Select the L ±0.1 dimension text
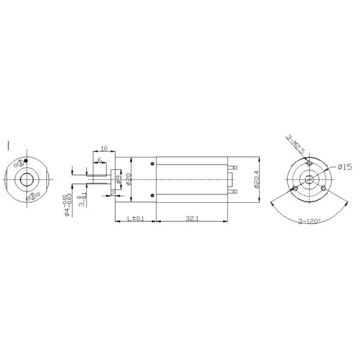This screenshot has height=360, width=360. pos(136,218)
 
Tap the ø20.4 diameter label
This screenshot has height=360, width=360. pos(256,179)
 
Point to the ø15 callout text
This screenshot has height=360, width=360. pos(344,167)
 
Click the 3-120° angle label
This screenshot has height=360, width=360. pos(309,221)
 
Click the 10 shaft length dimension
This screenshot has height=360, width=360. pos(104,148)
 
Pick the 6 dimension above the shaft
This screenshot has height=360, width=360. pos(99,160)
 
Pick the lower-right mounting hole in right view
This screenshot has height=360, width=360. pos(324,188)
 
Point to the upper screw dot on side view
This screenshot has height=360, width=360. pos(154,164)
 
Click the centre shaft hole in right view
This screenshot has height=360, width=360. pos(309,179)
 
